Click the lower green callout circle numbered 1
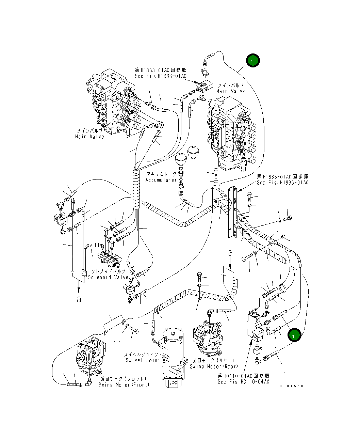[x=294, y=335]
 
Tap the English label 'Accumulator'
[x=161, y=180]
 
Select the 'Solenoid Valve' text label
[x=108, y=277]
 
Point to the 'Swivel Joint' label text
[x=143, y=360]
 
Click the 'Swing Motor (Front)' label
[x=124, y=385]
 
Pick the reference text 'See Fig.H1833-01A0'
[x=161, y=76]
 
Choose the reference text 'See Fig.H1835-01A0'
[x=282, y=183]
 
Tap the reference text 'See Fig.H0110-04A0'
[x=243, y=381]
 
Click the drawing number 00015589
[x=293, y=386]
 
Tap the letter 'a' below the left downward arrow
[x=79, y=299]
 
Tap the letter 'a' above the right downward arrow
[x=230, y=253]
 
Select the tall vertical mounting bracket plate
[x=232, y=213]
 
